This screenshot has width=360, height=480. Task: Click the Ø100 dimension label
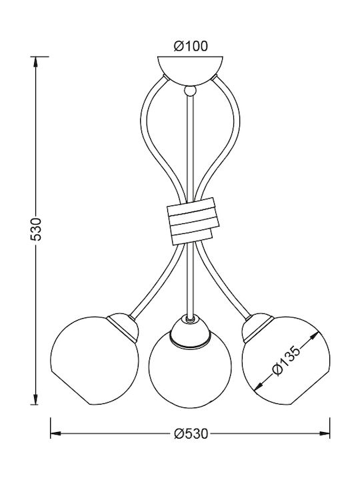(x=191, y=46)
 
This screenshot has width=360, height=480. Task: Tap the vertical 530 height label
(x=36, y=229)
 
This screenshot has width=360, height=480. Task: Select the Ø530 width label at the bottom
(x=191, y=433)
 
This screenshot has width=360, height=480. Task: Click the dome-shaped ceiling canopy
(x=190, y=70)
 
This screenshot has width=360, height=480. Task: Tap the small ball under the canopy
(x=190, y=91)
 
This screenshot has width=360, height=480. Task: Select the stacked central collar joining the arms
(x=193, y=221)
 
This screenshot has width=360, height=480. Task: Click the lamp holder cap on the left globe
(x=123, y=326)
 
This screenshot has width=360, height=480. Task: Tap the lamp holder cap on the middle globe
(x=191, y=331)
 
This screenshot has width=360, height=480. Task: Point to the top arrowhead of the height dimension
(x=36, y=63)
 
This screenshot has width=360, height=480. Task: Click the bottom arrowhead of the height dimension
(x=36, y=398)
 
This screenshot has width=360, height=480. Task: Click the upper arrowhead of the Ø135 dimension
(x=313, y=337)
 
